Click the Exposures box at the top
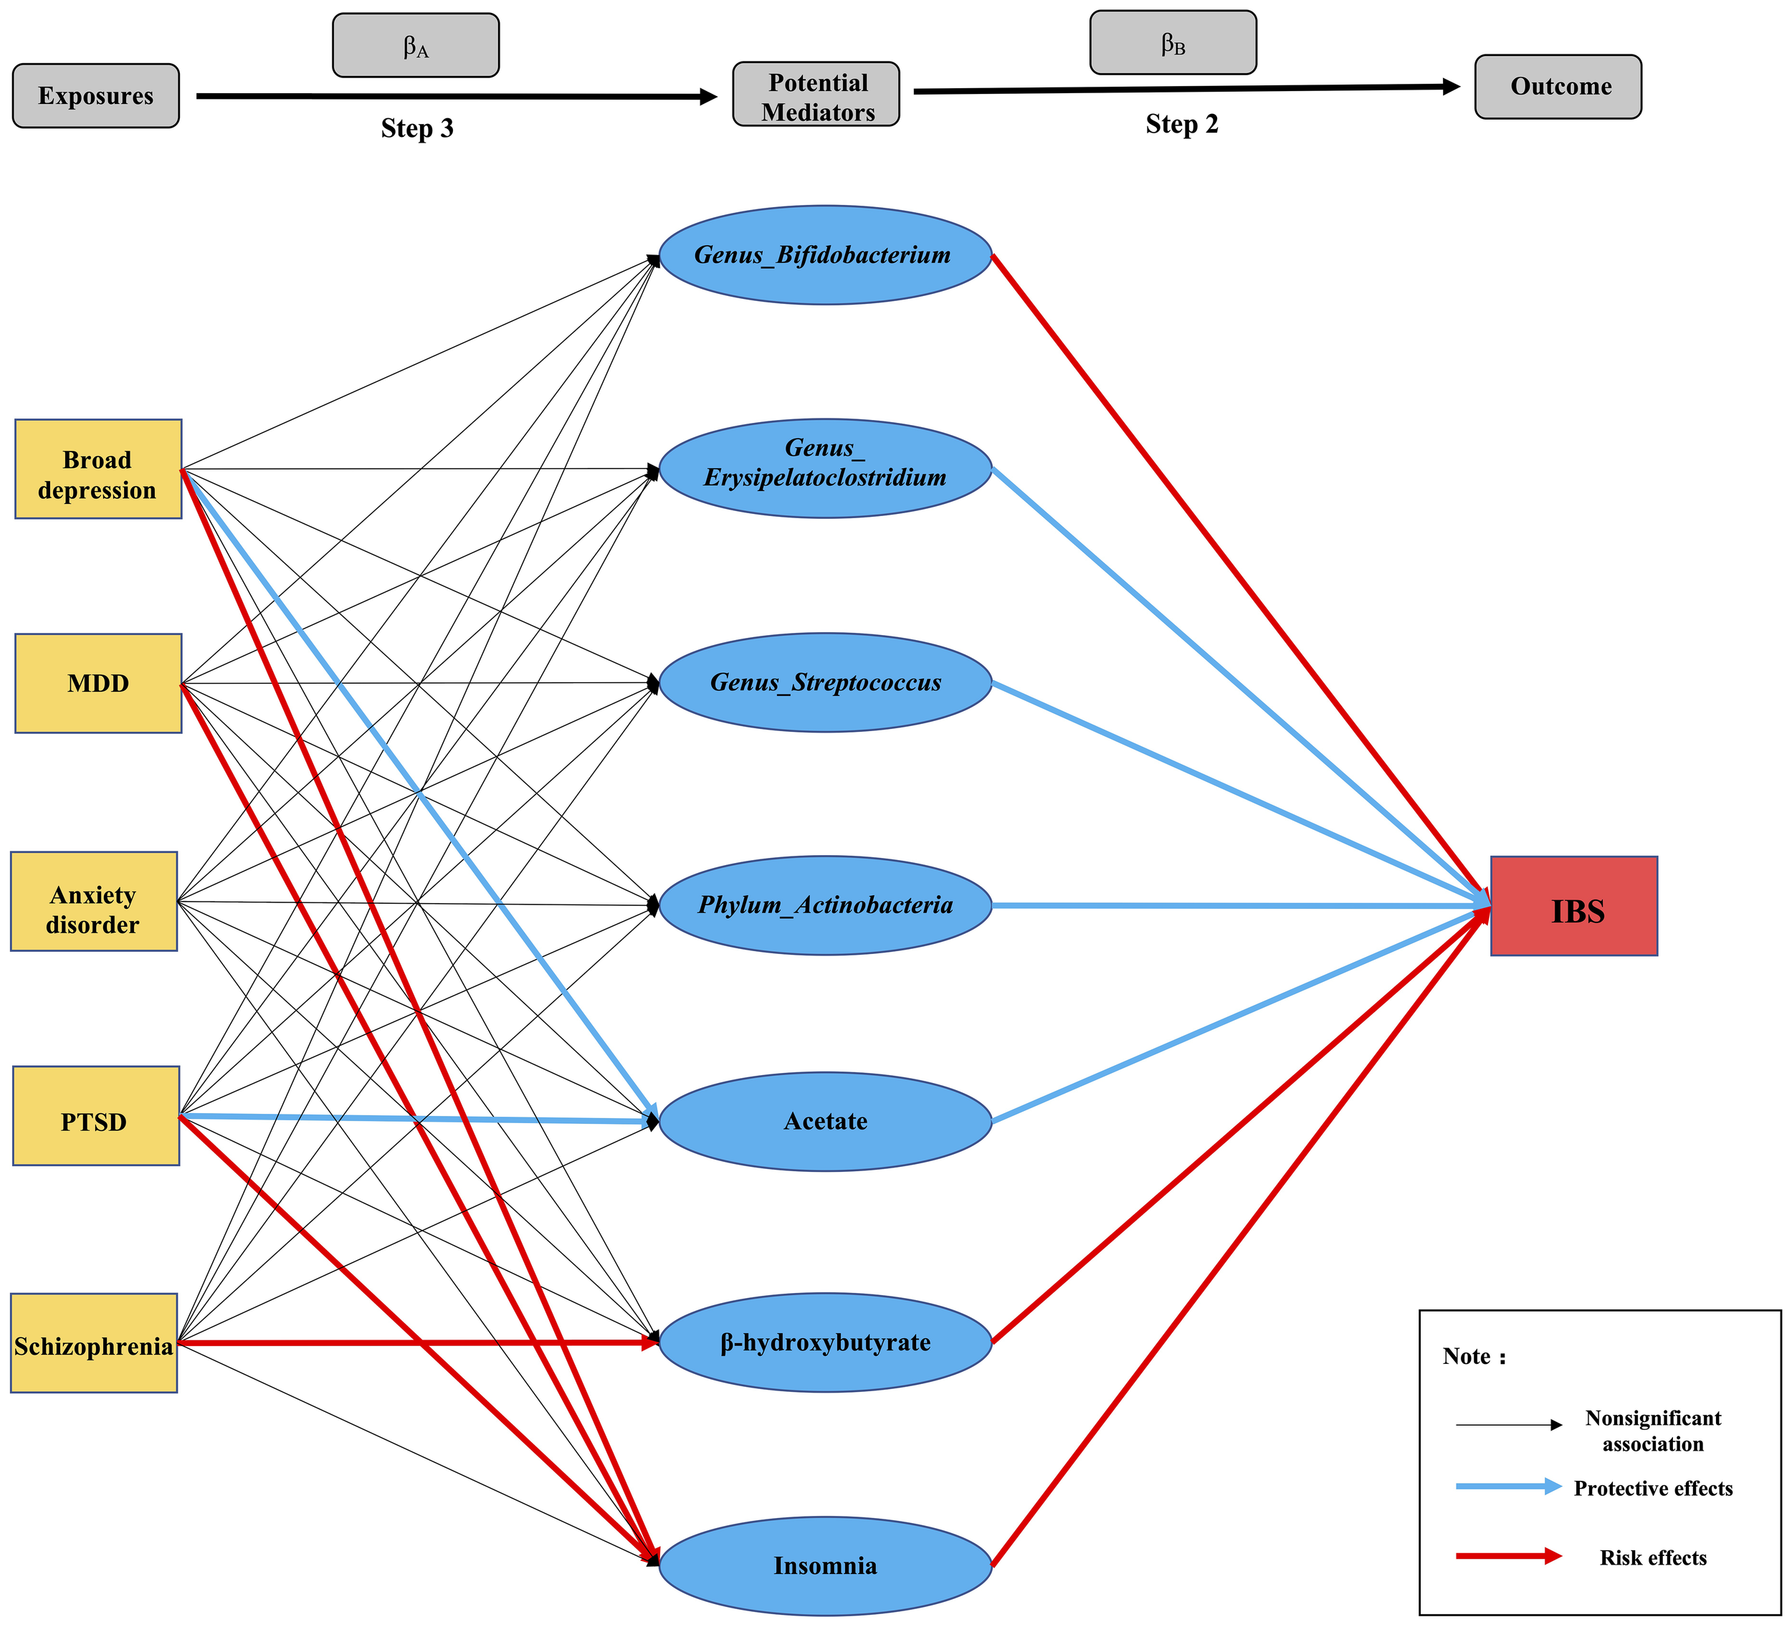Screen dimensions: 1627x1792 pos(95,96)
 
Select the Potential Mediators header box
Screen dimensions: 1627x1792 pos(816,94)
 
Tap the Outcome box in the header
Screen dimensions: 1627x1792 pos(1558,87)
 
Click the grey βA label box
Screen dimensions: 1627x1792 pos(415,45)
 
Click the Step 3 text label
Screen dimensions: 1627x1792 pos(417,129)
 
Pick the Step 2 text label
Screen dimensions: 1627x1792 pos(1181,125)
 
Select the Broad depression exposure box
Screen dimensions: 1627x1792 pos(97,469)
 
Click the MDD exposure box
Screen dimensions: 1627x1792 pos(97,683)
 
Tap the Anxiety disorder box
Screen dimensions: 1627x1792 pos(93,902)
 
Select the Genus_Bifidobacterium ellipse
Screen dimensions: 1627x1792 pos(825,256)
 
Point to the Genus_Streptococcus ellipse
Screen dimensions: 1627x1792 pos(825,682)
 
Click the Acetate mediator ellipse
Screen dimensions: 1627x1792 pos(825,1122)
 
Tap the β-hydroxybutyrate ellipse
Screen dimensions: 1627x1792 pos(825,1342)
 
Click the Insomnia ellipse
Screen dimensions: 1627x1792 pos(825,1565)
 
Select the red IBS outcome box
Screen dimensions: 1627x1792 pos(1573,907)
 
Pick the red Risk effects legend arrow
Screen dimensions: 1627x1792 pos(1507,1556)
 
